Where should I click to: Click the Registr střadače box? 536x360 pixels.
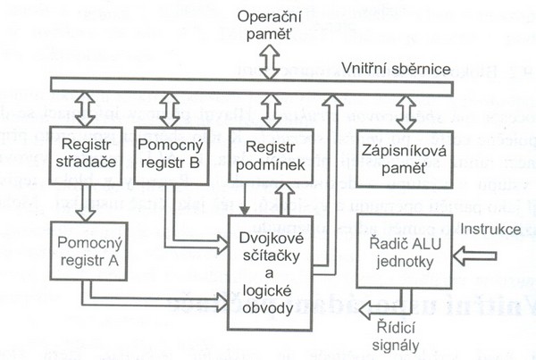pyautogui.click(x=86, y=156)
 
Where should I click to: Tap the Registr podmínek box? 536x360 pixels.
pyautogui.click(x=270, y=156)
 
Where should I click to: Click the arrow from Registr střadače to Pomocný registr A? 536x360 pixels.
pyautogui.click(x=87, y=203)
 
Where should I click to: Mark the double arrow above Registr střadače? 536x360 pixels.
pyautogui.click(x=85, y=109)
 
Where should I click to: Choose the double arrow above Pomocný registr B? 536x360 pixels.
pyautogui.click(x=171, y=109)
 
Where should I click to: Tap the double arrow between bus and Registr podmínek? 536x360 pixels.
pyautogui.click(x=269, y=109)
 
